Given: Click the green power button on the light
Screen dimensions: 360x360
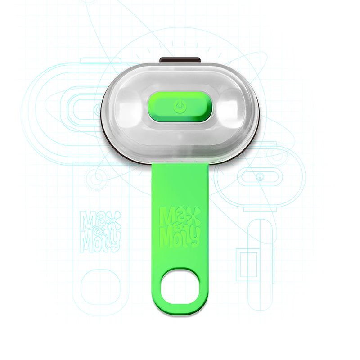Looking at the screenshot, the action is (x=179, y=106).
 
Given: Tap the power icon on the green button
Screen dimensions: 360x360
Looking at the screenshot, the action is (x=179, y=106).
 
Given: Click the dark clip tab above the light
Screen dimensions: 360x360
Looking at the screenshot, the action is (x=180, y=60).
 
